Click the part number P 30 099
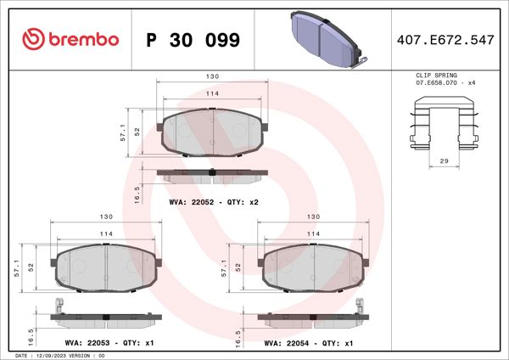193,40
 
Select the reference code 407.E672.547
445,40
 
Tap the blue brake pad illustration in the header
327,38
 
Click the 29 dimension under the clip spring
444,160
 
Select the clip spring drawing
444,122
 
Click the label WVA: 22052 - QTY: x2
213,203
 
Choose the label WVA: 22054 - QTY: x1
309,343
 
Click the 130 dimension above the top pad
213,76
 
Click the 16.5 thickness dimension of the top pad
137,194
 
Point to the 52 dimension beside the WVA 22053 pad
31,267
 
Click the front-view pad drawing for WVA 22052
212,132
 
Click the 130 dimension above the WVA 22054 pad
312,217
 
